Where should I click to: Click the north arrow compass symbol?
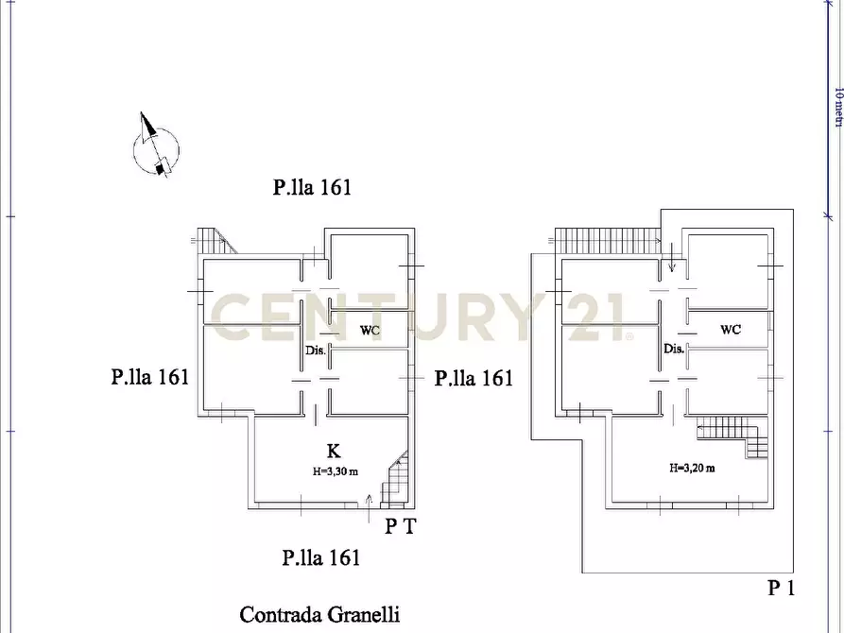pos(155,146)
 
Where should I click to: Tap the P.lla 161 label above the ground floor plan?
pos(312,187)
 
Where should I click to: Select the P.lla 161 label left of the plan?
pos(150,377)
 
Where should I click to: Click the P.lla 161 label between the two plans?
pos(474,378)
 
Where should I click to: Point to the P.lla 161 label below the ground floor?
pos(321,557)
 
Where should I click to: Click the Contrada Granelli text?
pos(319,615)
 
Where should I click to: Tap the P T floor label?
pos(401,526)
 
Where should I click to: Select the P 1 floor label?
pos(781,588)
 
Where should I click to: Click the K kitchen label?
pos(334,451)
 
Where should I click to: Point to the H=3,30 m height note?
pos(336,471)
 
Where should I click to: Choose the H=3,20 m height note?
pos(692,469)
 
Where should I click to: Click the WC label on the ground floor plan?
pos(370,331)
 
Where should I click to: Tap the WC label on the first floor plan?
pos(731,330)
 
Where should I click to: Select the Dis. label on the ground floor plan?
pos(316,351)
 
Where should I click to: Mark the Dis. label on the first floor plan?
pos(674,349)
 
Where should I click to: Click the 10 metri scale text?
pos(838,108)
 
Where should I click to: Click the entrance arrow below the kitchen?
pos(369,508)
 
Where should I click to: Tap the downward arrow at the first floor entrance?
pos(672,257)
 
